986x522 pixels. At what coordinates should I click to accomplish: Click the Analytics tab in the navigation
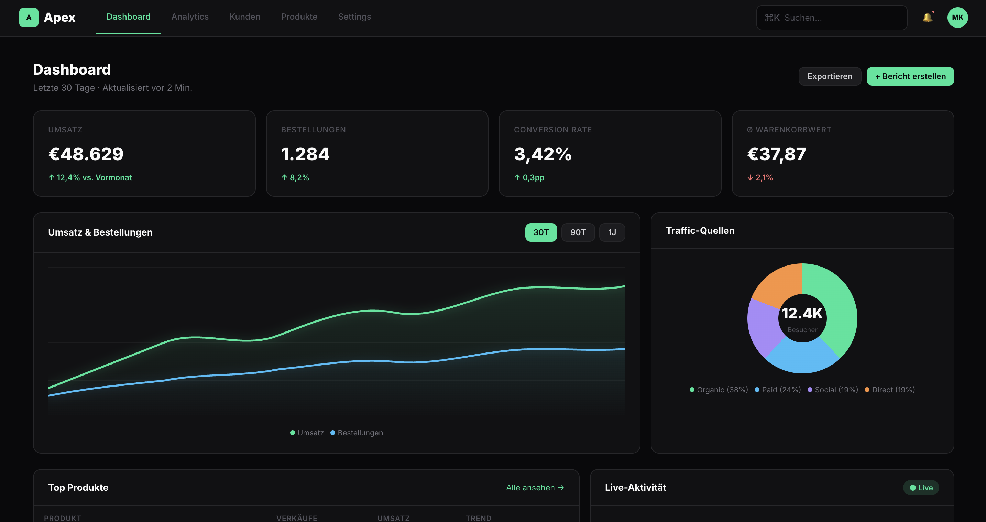[x=190, y=17]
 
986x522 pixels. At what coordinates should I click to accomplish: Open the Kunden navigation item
[x=244, y=17]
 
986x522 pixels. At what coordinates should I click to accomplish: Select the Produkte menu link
[x=299, y=17]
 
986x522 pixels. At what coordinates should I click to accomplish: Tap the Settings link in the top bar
[x=354, y=17]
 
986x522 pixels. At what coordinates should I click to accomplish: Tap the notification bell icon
[x=927, y=18]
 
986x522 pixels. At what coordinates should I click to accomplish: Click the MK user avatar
[x=957, y=18]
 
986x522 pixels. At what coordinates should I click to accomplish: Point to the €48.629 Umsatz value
[x=86, y=154]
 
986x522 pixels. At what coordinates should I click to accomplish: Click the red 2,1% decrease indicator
[x=760, y=177]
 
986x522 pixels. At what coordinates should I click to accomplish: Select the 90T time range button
[x=578, y=232]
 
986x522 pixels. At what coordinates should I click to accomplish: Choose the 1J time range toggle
[x=612, y=232]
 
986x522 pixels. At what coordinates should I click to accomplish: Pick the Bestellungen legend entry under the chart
[x=357, y=433]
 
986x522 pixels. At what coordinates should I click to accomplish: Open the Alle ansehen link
[x=535, y=488]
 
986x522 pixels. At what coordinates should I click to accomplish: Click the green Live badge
[x=921, y=488]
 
